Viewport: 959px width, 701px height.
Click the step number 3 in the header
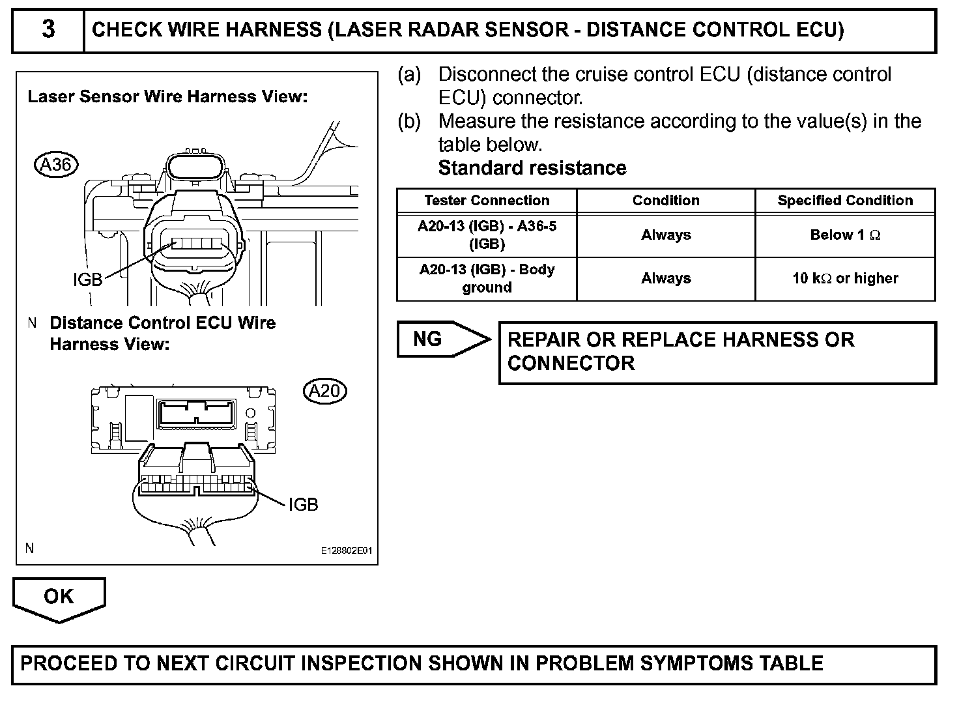pyautogui.click(x=48, y=30)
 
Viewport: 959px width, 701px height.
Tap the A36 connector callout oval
pyautogui.click(x=56, y=164)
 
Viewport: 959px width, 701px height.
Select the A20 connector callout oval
pyautogui.click(x=324, y=391)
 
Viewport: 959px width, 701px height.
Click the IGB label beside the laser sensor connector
pyautogui.click(x=87, y=279)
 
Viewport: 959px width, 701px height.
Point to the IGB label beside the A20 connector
pyautogui.click(x=303, y=504)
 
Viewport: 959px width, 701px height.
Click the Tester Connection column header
pyautogui.click(x=487, y=201)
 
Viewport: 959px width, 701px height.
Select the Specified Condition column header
pyautogui.click(x=845, y=201)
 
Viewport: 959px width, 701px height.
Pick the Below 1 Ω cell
pyautogui.click(x=845, y=235)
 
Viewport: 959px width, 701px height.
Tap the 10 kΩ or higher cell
pyautogui.click(x=845, y=279)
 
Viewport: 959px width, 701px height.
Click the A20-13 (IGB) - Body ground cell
pyautogui.click(x=487, y=279)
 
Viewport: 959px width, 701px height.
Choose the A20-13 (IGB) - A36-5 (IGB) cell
pyautogui.click(x=487, y=235)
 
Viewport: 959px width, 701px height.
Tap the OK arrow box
pyautogui.click(x=59, y=597)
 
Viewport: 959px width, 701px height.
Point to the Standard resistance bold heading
pyautogui.click(x=532, y=168)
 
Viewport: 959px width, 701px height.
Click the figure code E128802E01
pyautogui.click(x=346, y=551)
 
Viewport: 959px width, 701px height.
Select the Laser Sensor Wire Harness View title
pyautogui.click(x=167, y=97)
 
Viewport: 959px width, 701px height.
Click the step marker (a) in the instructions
pyautogui.click(x=410, y=75)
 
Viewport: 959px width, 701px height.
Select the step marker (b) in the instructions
pyautogui.click(x=410, y=122)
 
